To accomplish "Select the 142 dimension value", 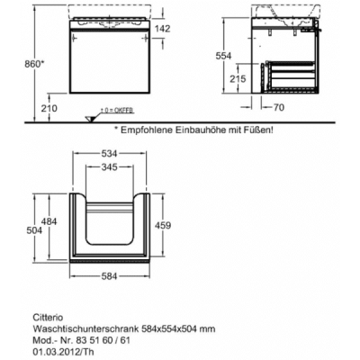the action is pyautogui.click(x=162, y=29).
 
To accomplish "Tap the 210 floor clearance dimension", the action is pyautogui.click(x=49, y=108).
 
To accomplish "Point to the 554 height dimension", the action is pyautogui.click(x=223, y=56).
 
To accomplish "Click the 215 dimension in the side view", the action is pyautogui.click(x=238, y=78).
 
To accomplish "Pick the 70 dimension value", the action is pyautogui.click(x=279, y=107).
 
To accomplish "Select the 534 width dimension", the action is pyautogui.click(x=109, y=154).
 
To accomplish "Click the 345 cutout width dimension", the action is pyautogui.click(x=109, y=166).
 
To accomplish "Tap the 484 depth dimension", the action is pyautogui.click(x=49, y=221).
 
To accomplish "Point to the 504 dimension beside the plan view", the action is pyautogui.click(x=34, y=230).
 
